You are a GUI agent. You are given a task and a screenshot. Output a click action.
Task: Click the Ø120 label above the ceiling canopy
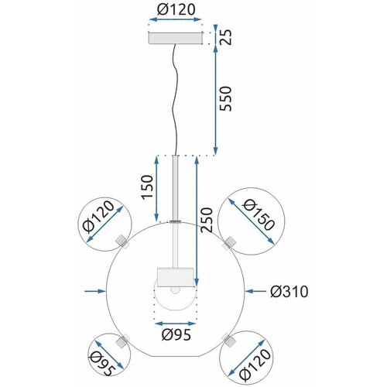point(176,10)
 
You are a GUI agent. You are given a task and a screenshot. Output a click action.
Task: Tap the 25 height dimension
point(226,37)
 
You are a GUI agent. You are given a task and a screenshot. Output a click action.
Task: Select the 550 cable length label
point(226,98)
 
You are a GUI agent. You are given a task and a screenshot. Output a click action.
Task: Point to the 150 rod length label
point(147,187)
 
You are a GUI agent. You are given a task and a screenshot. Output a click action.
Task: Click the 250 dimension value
point(207,220)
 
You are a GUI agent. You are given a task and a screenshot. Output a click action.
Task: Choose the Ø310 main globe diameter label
point(289,292)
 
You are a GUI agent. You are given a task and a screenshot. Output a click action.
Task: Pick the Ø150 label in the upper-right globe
point(259,215)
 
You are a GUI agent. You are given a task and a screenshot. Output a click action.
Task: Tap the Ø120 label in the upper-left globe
point(98,216)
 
